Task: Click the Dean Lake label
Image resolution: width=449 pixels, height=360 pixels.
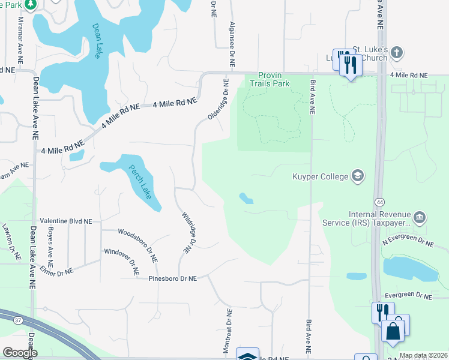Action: click(x=97, y=41)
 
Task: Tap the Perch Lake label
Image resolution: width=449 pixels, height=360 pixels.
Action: click(x=138, y=183)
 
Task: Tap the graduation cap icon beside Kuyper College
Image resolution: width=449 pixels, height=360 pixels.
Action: click(x=358, y=175)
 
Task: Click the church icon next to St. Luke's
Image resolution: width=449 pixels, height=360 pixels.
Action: click(x=396, y=53)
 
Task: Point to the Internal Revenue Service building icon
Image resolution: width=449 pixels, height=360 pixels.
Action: click(x=420, y=215)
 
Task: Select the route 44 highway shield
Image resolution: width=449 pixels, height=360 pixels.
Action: click(x=380, y=202)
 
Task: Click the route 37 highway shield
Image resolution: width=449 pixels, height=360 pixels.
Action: click(x=18, y=320)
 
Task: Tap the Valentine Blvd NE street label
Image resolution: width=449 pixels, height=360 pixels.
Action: click(x=65, y=221)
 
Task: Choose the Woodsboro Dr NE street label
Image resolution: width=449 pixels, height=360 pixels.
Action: click(x=138, y=245)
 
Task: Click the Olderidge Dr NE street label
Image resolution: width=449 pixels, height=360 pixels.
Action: click(x=219, y=100)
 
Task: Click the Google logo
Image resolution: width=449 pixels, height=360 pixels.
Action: click(x=20, y=353)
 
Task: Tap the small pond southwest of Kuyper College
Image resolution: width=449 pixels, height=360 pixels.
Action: click(x=246, y=198)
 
